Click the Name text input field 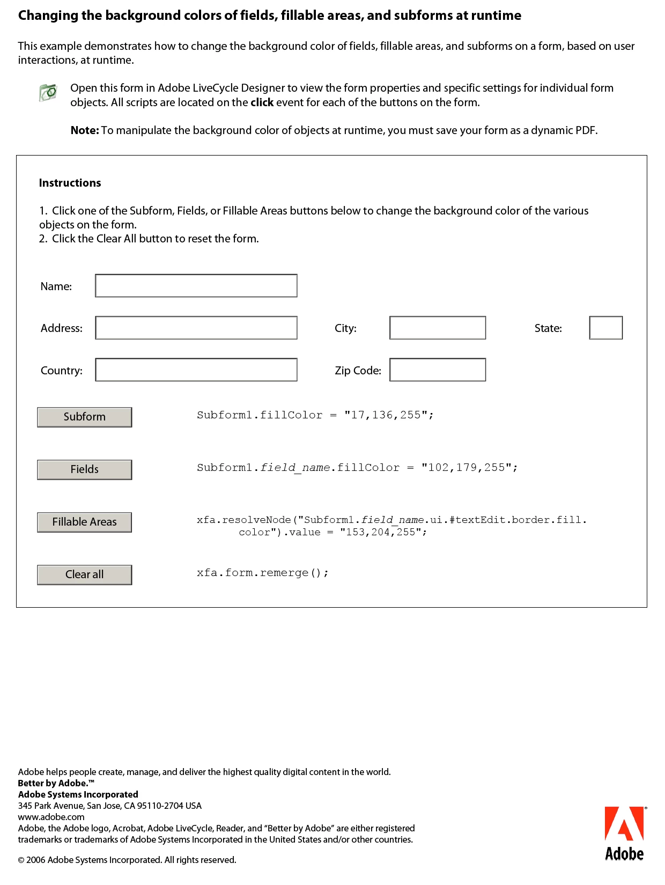pos(196,286)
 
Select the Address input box pos(196,328)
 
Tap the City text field pos(437,328)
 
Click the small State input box pos(605,328)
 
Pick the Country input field pos(196,370)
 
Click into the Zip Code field pos(437,370)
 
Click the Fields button pos(84,469)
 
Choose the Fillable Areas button pos(84,522)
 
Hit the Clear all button pos(84,574)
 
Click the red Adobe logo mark pos(624,824)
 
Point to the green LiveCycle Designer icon pos(48,92)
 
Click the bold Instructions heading pos(70,183)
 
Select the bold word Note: pos(85,130)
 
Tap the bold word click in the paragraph pos(262,102)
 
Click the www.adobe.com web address pos(51,817)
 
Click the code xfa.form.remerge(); pos(262,573)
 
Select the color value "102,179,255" pos(466,468)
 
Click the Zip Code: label pos(358,371)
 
